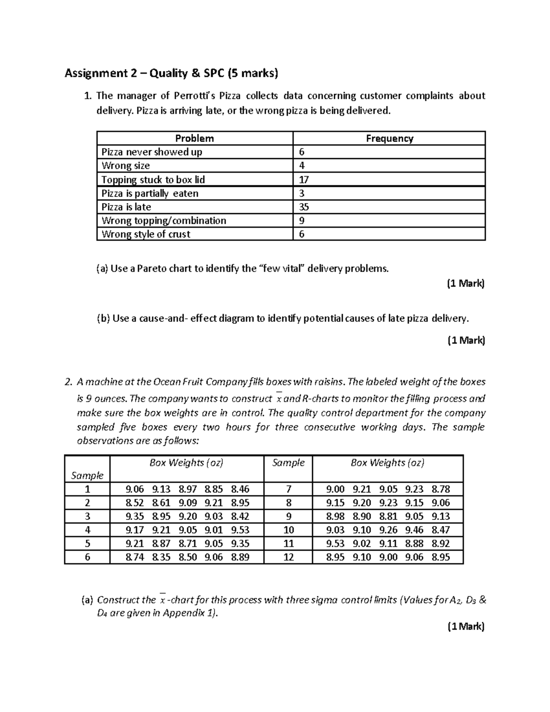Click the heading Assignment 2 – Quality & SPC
pos(171,73)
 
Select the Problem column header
pos(194,138)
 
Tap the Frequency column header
pos(389,138)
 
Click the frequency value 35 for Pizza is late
pos(303,207)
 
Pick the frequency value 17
pos(303,180)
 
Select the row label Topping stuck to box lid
pos(153,180)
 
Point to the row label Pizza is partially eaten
pos(150,193)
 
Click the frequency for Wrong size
pos(302,166)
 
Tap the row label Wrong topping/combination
pos(164,221)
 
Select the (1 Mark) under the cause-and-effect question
pos(466,340)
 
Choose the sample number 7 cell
pos(288,489)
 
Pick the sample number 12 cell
pos(288,557)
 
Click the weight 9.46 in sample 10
pos(414,530)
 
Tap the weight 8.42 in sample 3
pos(240,516)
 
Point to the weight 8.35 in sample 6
pos(161,557)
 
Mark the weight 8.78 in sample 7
pos(441,489)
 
